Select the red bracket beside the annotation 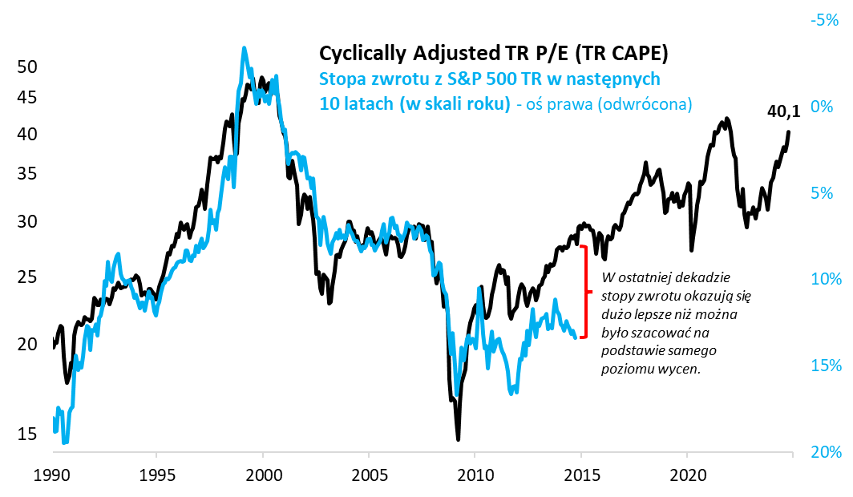click(584, 293)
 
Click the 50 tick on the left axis click(27, 67)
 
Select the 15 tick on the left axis click(27, 434)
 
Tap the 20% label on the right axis click(824, 452)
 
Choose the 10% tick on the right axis click(824, 279)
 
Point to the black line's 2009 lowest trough click(458, 438)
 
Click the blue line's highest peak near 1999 click(244, 48)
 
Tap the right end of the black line click(789, 131)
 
